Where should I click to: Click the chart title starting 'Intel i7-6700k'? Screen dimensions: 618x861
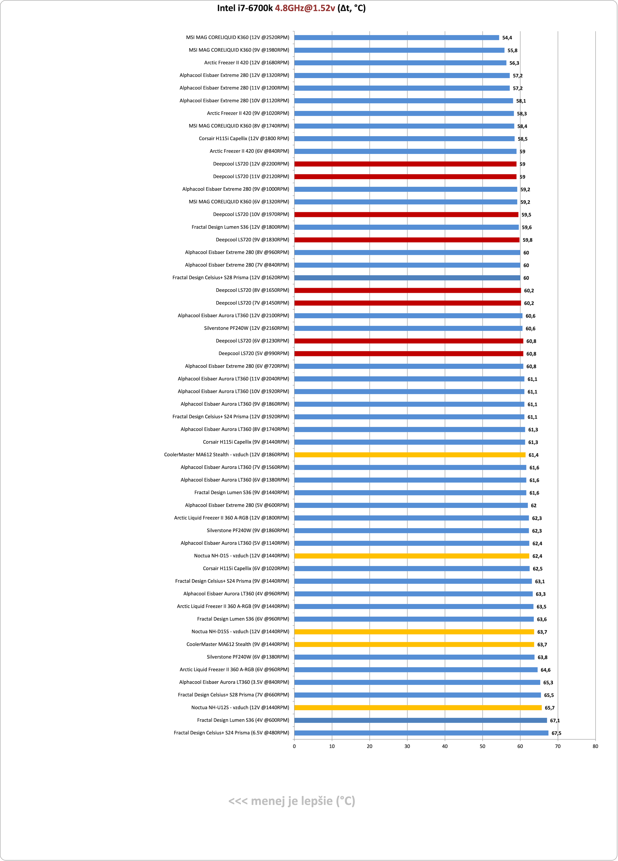pos(291,8)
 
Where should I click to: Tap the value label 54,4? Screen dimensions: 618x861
pos(507,38)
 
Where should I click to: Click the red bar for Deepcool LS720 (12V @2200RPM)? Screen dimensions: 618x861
pos(405,164)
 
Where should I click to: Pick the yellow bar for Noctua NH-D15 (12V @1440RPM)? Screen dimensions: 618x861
pos(412,556)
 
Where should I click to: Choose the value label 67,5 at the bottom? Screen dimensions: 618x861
pos(556,733)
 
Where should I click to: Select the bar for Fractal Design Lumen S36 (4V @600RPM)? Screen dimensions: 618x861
pos(420,720)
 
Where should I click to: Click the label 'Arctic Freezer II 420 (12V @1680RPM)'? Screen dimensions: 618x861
pos(246,63)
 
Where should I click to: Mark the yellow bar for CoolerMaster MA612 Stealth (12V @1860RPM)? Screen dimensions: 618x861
pos(410,455)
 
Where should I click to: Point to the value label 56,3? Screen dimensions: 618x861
pos(514,63)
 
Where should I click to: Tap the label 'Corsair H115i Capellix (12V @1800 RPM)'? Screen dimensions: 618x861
pos(244,138)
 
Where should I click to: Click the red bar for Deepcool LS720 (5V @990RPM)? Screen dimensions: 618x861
pos(409,353)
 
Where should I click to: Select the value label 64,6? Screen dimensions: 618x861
pos(545,670)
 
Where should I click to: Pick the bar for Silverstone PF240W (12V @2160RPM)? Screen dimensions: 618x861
pos(408,328)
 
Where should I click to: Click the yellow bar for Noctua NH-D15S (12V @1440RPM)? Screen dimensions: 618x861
pos(414,632)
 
